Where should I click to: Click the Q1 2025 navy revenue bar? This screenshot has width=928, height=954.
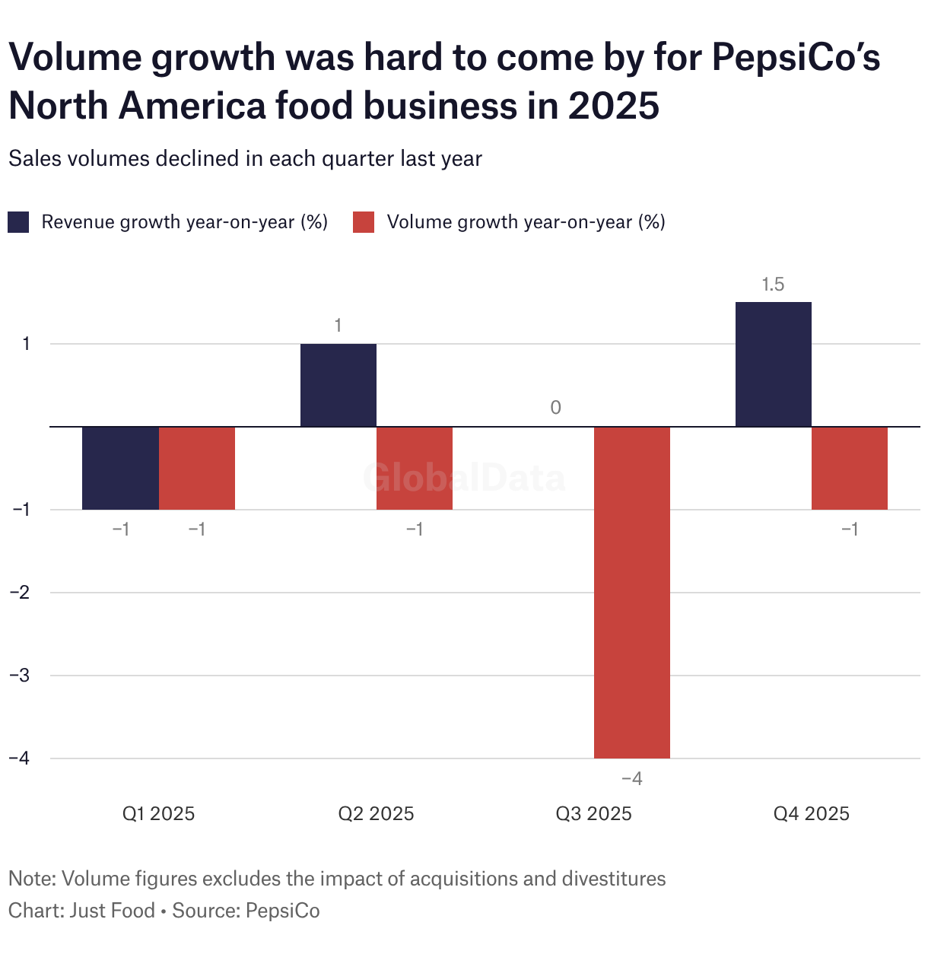120,468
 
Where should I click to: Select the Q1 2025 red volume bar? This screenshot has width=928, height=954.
197,468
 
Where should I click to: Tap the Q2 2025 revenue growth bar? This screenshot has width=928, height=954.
338,385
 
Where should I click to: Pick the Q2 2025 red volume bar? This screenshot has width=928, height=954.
415,468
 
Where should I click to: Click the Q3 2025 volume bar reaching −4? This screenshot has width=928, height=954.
632,592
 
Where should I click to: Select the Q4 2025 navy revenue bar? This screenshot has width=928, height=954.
774,364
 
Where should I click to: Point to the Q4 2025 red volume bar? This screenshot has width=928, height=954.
850,468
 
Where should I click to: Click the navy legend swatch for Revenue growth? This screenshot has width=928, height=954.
18,222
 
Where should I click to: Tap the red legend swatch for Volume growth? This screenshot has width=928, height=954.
364,222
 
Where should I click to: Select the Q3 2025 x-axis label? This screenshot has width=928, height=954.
593,814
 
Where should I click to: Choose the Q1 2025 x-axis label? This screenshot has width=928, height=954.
158,814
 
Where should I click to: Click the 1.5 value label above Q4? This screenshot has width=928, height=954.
773,285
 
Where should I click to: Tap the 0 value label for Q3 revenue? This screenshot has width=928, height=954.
556,408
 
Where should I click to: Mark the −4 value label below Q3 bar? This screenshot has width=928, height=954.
632,779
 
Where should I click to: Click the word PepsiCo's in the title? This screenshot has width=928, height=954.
796,58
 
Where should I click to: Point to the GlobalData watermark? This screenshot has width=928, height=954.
464,478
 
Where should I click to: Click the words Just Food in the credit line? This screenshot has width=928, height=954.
113,911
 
